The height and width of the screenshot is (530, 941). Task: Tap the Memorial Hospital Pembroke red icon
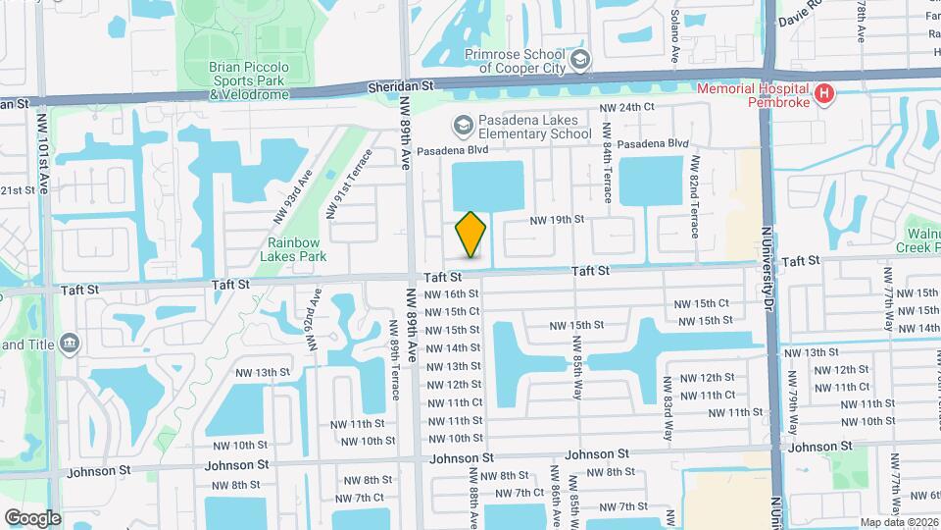point(825,94)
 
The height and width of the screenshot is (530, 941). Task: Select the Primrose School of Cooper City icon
point(580,61)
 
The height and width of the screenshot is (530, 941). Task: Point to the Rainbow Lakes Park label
point(292,249)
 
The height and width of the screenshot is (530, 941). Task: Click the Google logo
point(32,518)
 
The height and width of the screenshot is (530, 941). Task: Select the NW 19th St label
point(557,220)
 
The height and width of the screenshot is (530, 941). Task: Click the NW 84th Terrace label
point(608,162)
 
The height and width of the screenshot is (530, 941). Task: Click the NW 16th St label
point(452,293)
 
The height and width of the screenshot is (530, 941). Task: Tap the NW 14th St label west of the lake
point(452,347)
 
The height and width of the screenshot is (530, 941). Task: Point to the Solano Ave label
point(675,37)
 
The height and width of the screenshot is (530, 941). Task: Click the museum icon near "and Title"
point(70,343)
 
